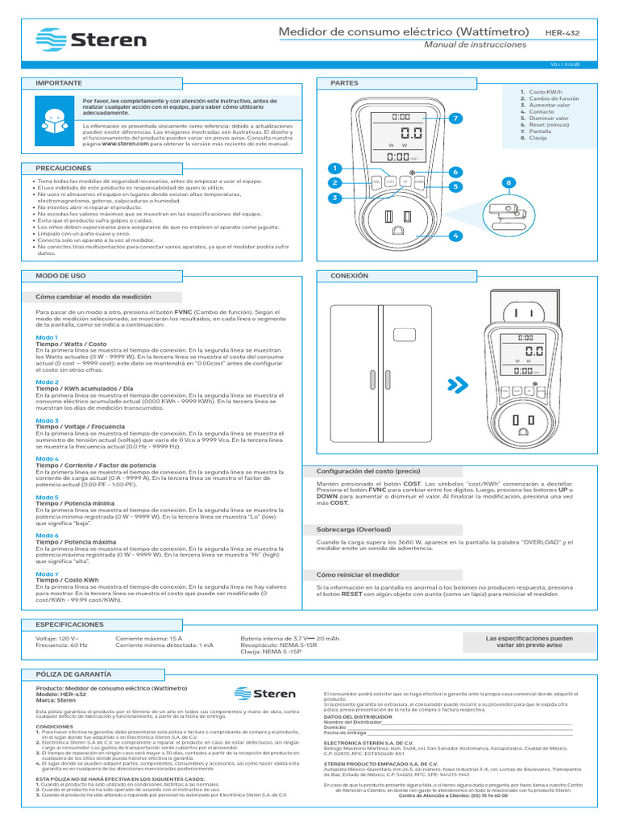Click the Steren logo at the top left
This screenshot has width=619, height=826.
point(92,39)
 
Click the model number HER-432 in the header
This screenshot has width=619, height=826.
point(563,32)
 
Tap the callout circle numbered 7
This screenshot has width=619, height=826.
point(455,119)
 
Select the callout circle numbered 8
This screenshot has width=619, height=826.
point(509,184)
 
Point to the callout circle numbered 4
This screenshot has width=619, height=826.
point(455,235)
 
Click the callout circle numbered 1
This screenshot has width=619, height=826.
point(331,168)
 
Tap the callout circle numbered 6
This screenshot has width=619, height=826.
point(455,172)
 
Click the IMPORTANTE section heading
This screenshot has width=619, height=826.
point(59,83)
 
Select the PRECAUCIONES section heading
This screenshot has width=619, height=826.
point(64,168)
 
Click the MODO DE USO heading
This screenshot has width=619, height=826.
point(60,276)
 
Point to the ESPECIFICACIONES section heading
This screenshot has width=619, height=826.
point(69,624)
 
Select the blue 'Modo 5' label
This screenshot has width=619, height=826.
point(47,497)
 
